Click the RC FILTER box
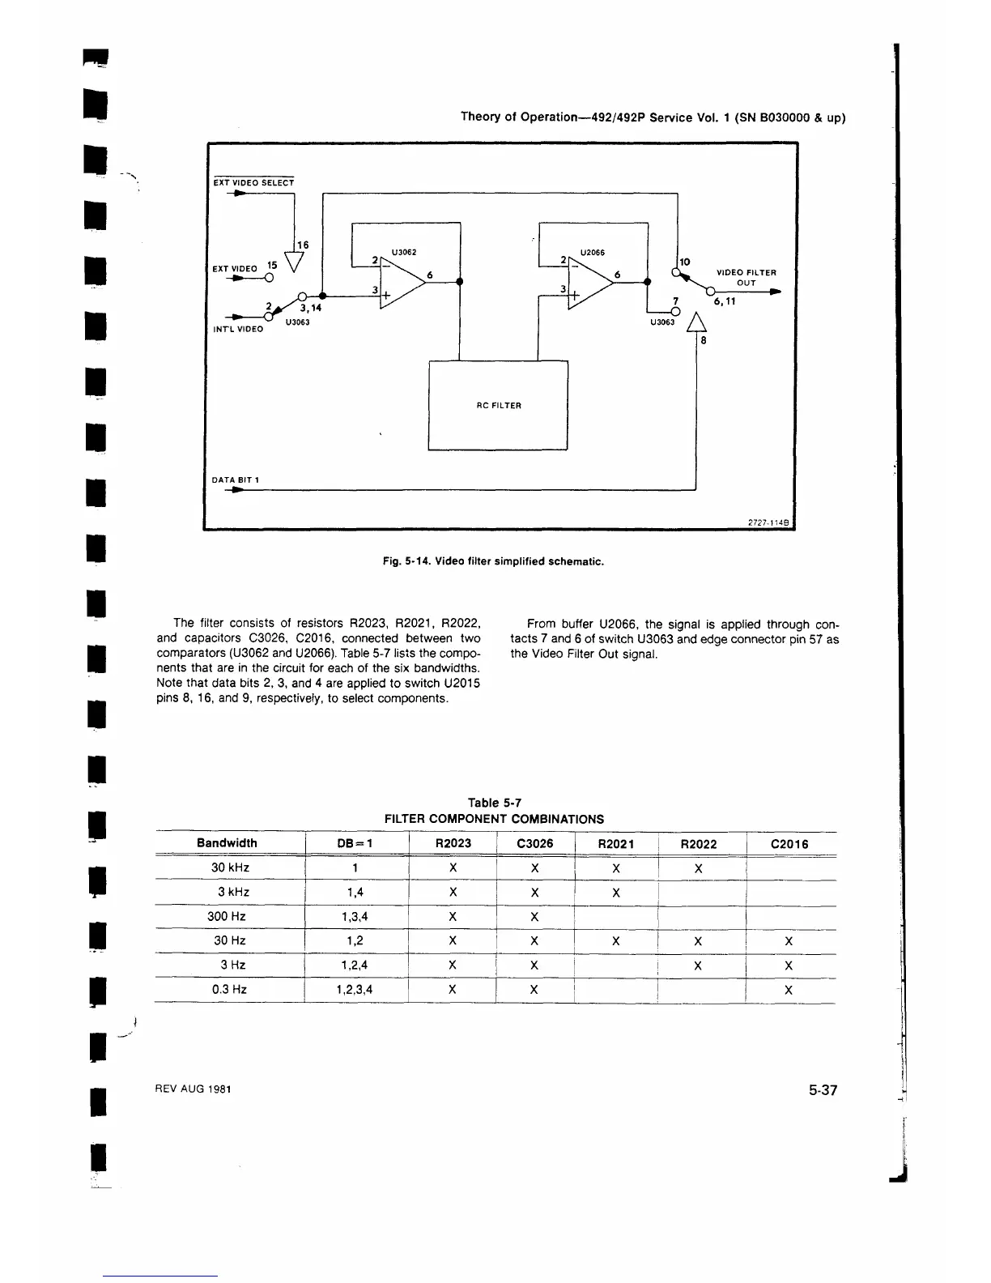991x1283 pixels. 498,405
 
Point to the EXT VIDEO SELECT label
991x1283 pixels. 253,182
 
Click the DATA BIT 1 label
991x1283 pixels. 235,480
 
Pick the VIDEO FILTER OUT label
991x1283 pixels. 746,278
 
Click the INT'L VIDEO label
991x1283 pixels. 238,329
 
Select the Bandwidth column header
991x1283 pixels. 227,843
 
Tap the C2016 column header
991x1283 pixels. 789,844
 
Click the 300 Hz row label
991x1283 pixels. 230,916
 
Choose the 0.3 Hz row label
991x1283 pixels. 230,989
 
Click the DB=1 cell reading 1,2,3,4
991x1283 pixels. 355,990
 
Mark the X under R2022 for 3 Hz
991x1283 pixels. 698,965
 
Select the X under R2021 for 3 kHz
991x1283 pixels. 616,893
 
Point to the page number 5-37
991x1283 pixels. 822,1090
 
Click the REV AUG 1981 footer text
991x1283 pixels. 193,1089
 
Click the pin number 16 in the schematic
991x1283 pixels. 303,245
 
